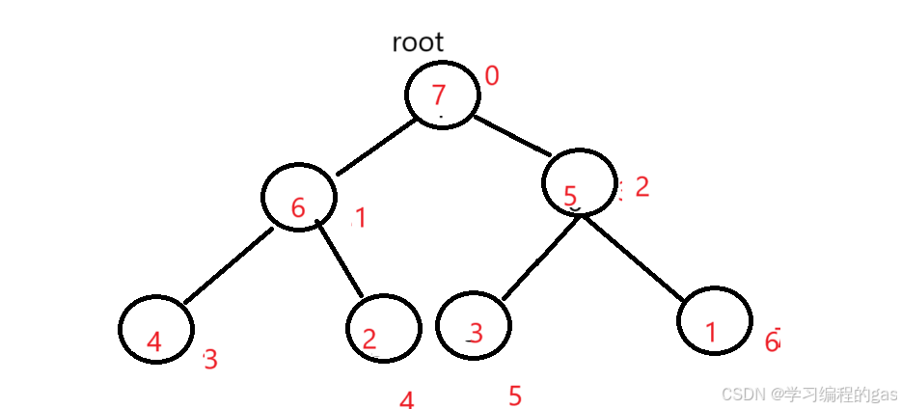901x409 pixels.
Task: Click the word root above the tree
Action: click(418, 42)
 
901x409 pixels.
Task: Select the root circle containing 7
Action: click(442, 95)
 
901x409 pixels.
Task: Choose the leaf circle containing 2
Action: click(384, 328)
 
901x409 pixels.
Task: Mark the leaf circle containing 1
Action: click(714, 321)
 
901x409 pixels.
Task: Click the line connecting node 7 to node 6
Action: click(376, 148)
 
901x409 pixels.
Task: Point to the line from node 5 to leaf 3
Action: click(539, 258)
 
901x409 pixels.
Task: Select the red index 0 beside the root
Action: click(492, 75)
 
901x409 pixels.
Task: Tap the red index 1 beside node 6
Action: click(360, 219)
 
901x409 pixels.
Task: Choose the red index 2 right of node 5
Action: click(642, 186)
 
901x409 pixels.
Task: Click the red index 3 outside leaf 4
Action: click(210, 360)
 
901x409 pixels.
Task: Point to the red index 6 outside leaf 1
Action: click(772, 341)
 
